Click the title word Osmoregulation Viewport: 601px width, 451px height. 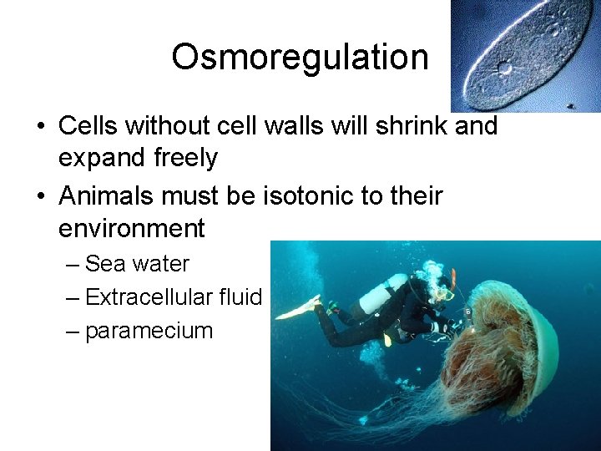point(300,58)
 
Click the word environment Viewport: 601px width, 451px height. point(131,228)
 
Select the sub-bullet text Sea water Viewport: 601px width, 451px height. point(137,264)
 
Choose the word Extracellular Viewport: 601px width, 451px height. point(149,297)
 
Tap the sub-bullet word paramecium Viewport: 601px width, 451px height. point(149,331)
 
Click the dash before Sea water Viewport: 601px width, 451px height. point(73,265)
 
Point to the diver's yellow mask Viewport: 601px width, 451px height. point(447,293)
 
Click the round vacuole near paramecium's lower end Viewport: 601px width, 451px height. point(504,68)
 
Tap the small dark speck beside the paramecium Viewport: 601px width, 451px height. point(570,106)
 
